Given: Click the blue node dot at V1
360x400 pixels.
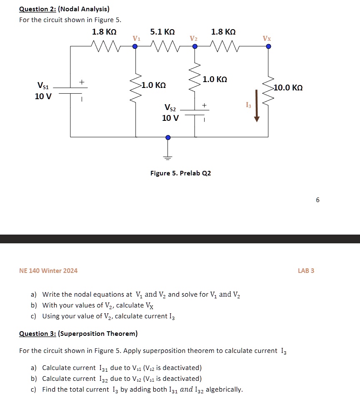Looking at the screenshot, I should (135, 47).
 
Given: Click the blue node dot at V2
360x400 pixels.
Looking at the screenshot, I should (195, 47).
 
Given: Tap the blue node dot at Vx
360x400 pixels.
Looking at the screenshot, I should (268, 47).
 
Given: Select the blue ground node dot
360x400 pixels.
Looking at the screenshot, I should (168, 137).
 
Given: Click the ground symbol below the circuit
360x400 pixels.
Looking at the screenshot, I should (168, 158).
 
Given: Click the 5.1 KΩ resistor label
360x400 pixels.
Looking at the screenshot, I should (162, 32).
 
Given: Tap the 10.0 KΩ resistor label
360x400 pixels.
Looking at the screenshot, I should (288, 88).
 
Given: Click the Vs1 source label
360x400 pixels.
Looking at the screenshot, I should (43, 86).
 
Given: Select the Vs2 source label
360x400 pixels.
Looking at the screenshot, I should (170, 108).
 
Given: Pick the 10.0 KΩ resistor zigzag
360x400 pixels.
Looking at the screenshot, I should (268, 92).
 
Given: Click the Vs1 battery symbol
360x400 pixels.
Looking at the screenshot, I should (70, 91).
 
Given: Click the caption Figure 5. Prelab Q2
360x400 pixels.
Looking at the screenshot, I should (180, 173).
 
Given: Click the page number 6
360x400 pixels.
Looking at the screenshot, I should (317, 200).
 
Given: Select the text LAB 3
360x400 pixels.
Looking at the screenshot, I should (306, 271).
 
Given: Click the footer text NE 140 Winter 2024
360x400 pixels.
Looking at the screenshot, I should (48, 271).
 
